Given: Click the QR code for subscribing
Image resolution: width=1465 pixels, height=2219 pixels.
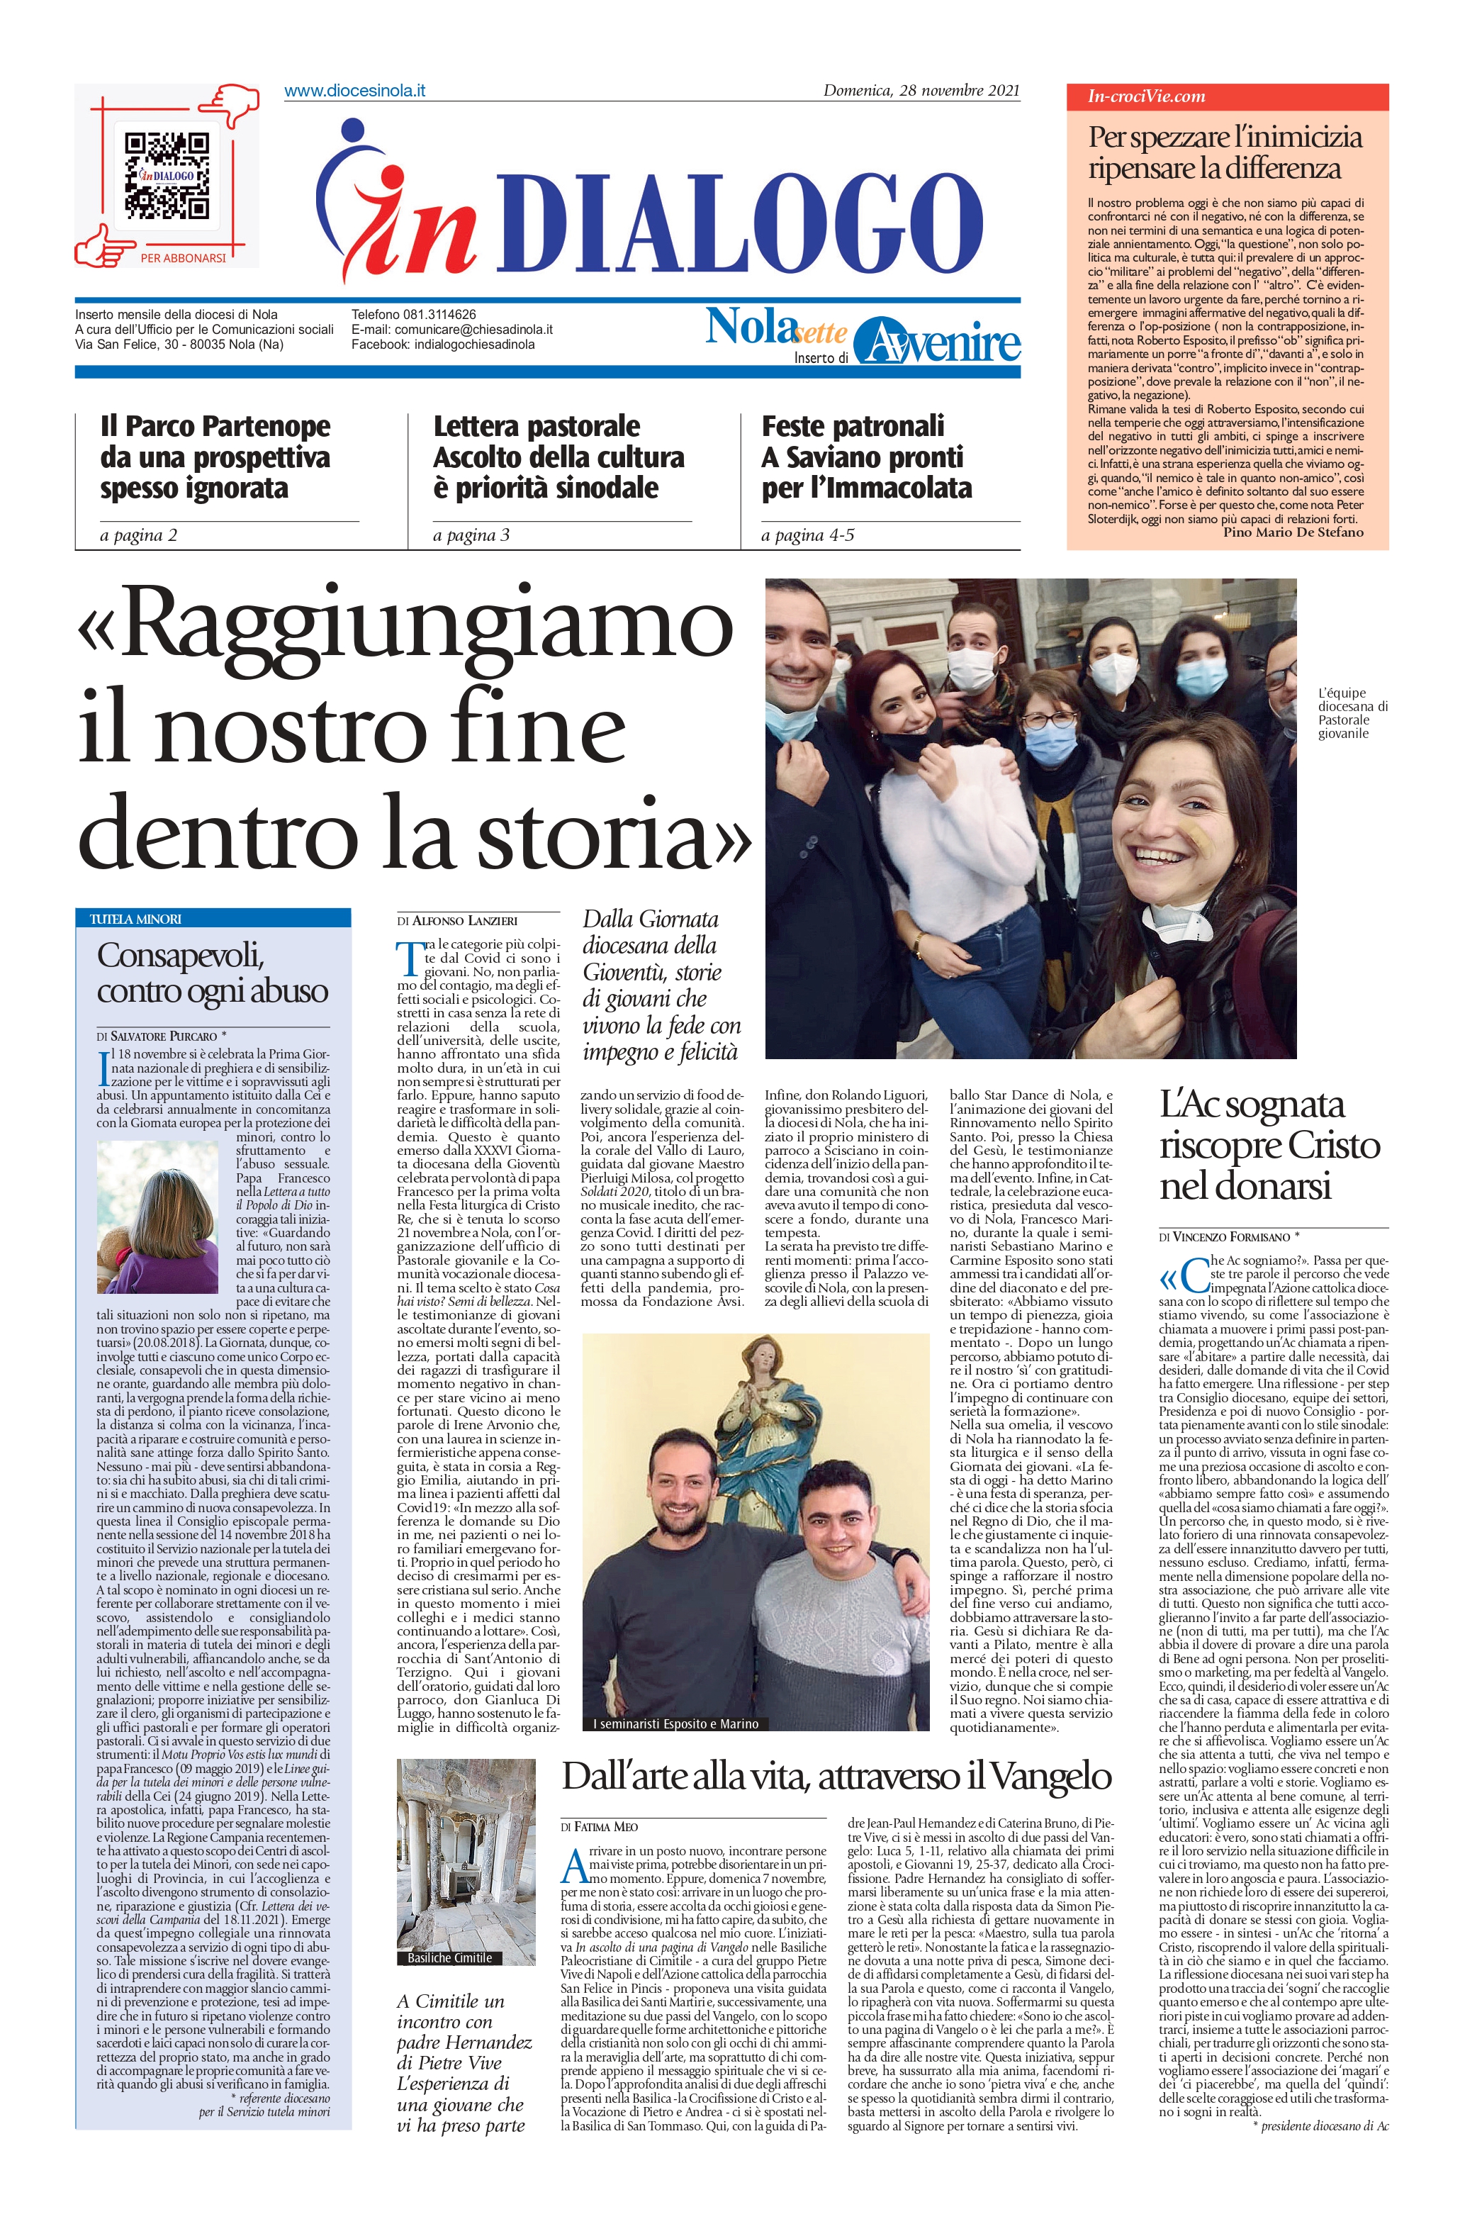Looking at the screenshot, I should point(167,174).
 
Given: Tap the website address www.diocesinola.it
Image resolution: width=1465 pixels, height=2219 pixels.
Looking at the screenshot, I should point(354,91).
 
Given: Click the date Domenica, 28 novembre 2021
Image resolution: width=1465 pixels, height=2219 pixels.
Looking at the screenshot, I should point(920,91).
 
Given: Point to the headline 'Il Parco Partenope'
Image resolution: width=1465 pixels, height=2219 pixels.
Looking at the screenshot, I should point(215,426).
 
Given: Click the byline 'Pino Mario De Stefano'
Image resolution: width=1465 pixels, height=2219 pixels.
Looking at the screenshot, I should point(1292,532).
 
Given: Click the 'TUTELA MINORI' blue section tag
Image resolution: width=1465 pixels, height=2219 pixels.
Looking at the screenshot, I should point(135,918).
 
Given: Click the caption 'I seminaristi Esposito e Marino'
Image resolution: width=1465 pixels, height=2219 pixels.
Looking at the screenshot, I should point(675,1724).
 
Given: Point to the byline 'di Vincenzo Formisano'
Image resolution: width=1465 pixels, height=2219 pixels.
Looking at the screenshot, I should point(1228,1236).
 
